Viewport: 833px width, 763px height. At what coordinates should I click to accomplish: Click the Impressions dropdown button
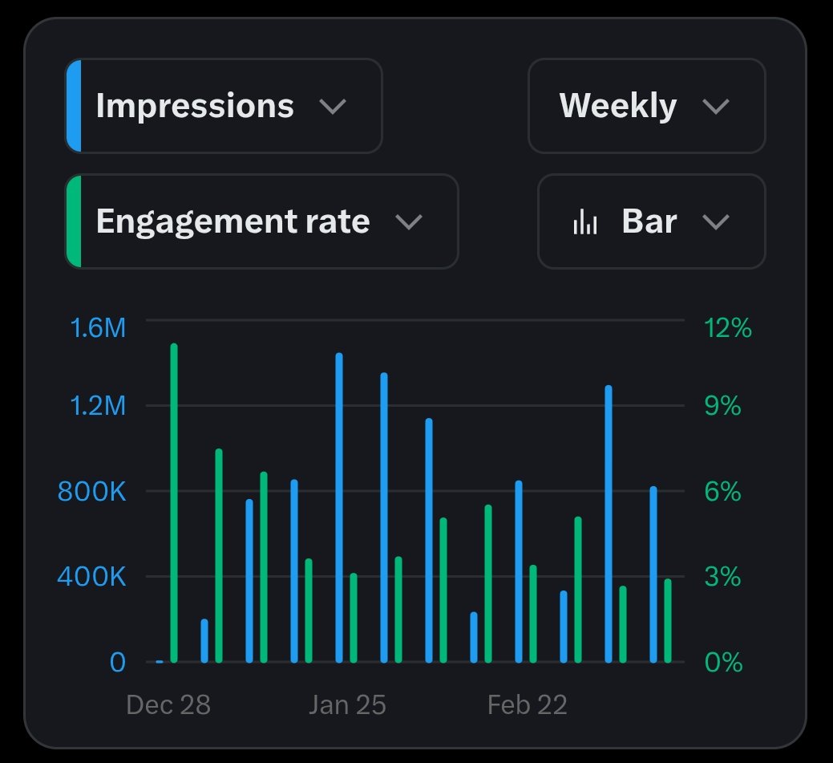pyautogui.click(x=223, y=106)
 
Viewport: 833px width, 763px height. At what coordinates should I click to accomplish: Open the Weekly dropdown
pyautogui.click(x=645, y=106)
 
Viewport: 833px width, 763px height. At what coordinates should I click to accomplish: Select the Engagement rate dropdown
pyautogui.click(x=261, y=221)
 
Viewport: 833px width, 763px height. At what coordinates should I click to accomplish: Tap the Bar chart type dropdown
pyautogui.click(x=651, y=221)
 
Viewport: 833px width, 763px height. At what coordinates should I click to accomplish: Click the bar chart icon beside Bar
pyautogui.click(x=585, y=222)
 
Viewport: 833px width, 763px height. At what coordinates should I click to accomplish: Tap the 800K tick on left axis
pyautogui.click(x=91, y=492)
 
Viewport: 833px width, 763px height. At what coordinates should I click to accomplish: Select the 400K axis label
pyautogui.click(x=91, y=577)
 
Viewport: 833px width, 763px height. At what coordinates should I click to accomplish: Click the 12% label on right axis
pyautogui.click(x=727, y=327)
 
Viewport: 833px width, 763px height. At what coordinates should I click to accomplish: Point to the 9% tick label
pyautogui.click(x=722, y=406)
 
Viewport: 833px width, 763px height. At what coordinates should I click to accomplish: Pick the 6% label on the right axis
pyautogui.click(x=722, y=492)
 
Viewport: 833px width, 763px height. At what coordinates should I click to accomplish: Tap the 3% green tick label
pyautogui.click(x=722, y=577)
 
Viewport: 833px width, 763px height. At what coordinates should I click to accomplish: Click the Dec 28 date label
pyautogui.click(x=168, y=704)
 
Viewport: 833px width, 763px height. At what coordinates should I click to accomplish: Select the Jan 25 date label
pyautogui.click(x=347, y=704)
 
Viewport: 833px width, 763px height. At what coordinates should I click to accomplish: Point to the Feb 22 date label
pyautogui.click(x=527, y=704)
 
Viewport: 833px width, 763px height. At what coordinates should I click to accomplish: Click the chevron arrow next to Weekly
pyautogui.click(x=715, y=106)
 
